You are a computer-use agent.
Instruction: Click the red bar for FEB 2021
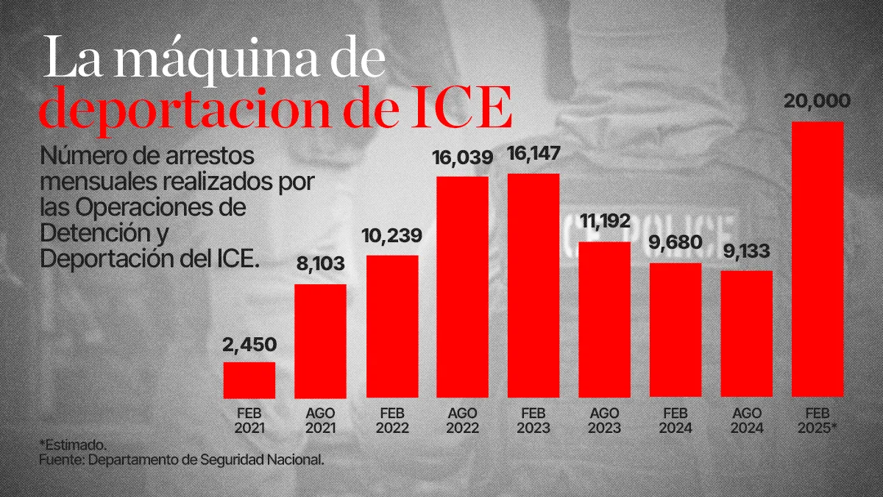249,379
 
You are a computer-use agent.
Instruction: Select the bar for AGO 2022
462,287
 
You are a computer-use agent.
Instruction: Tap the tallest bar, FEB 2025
818,259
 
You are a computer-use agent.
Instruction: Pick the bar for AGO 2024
746,334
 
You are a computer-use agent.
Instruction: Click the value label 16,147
533,155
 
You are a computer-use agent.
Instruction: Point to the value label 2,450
249,345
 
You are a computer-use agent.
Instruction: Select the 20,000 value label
818,102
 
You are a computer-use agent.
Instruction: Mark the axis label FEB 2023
533,420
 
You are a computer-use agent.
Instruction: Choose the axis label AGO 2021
320,420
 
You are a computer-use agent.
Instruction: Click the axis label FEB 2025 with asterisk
818,420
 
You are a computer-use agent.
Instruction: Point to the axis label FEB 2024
675,420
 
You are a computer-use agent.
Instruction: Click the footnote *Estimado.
73,445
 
